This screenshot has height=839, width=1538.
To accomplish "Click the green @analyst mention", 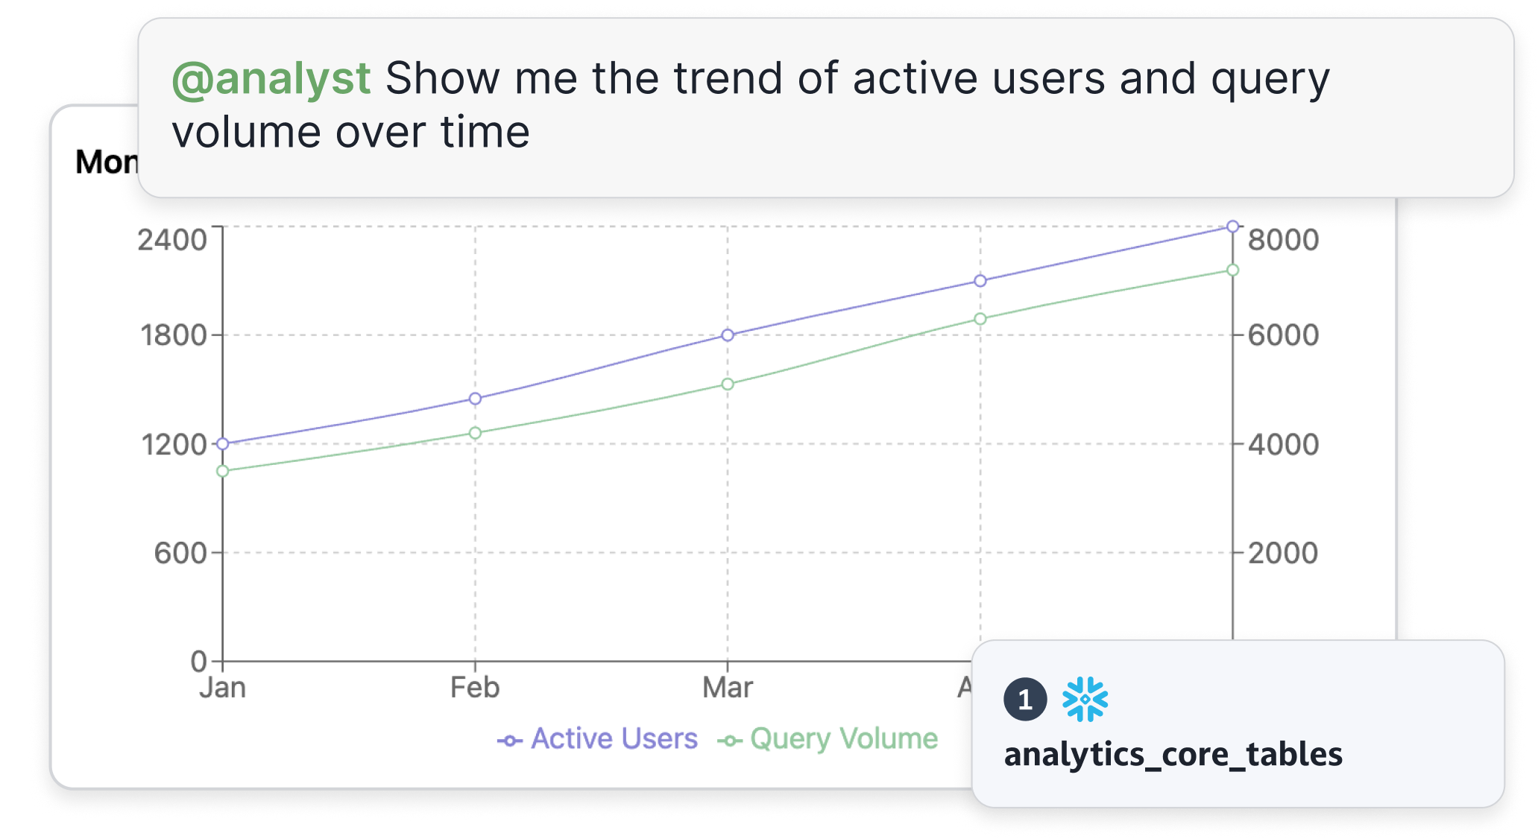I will click(x=271, y=79).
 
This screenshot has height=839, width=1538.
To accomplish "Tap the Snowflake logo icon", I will click(x=1085, y=699).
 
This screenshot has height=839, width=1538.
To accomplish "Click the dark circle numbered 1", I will click(x=1025, y=699).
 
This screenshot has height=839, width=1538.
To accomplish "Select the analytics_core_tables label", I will click(x=1173, y=754).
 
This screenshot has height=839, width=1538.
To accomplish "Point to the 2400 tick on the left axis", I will click(x=172, y=240).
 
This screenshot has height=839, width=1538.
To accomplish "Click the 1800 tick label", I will click(x=174, y=335).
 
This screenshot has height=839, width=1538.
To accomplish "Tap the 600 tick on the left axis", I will click(x=180, y=554).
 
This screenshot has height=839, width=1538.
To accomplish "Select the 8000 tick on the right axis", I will click(x=1283, y=240).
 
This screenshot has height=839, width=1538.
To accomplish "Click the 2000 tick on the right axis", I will click(x=1283, y=554).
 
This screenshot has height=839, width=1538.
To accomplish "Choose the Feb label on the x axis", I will click(x=475, y=687).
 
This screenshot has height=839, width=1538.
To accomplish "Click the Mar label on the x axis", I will click(x=728, y=687).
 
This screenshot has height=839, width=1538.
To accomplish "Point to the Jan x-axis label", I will click(x=223, y=687).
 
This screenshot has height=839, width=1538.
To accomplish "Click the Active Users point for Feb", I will click(x=475, y=399).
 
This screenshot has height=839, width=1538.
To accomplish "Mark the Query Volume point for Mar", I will click(x=728, y=384).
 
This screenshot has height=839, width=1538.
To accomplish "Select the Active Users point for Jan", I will click(x=223, y=443).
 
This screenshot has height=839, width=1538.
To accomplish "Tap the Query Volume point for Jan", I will click(x=223, y=471).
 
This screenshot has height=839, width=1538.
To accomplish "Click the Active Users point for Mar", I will click(x=728, y=335).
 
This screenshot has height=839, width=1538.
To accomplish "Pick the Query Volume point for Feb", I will click(x=475, y=433).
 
